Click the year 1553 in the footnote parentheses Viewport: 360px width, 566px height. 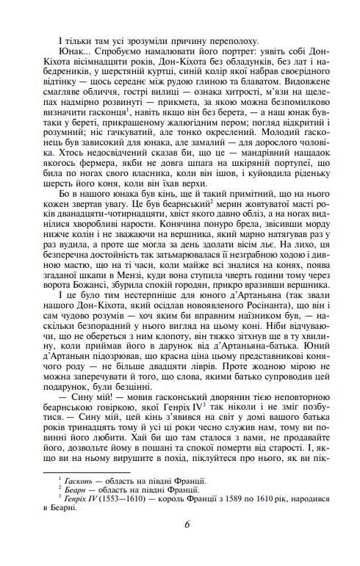click(123, 499)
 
